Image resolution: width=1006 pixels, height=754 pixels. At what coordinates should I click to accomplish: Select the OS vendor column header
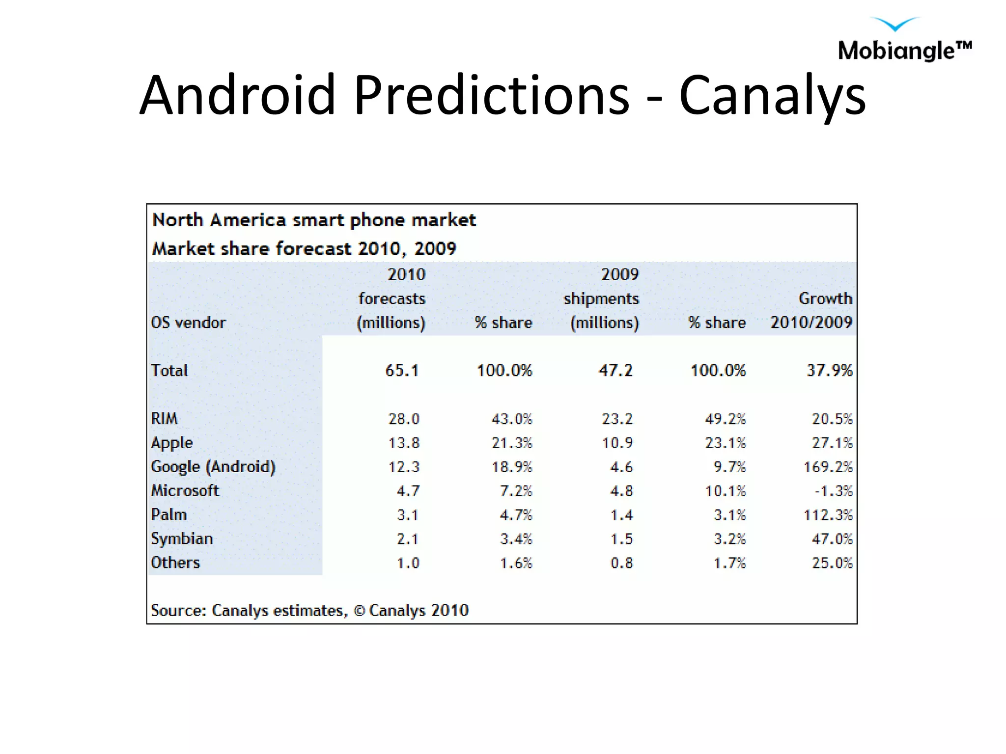click(x=188, y=323)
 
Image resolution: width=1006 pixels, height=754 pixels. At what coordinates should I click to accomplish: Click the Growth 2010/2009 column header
click(x=811, y=310)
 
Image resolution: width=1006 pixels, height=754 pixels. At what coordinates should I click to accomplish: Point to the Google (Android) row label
click(x=213, y=466)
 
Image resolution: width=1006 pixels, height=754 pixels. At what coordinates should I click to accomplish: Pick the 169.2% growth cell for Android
click(x=828, y=467)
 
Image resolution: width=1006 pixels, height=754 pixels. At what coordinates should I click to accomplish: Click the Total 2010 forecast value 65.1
click(x=402, y=370)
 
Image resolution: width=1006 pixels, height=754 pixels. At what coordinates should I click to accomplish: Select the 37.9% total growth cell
click(x=829, y=370)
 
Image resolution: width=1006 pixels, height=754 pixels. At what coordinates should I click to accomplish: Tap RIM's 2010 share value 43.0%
click(x=512, y=419)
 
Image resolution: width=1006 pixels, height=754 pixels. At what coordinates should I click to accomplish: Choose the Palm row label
click(x=169, y=514)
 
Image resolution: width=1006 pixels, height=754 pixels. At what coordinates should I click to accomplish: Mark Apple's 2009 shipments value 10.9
click(x=617, y=443)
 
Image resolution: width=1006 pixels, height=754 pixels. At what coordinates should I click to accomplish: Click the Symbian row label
click(x=182, y=539)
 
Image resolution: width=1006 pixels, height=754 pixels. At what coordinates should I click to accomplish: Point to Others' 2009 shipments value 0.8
click(x=621, y=563)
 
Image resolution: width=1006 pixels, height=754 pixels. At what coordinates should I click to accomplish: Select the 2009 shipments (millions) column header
click(x=602, y=298)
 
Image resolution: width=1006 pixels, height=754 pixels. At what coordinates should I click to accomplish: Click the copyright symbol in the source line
click(x=359, y=611)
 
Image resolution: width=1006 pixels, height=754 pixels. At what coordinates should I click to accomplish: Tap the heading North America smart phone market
click(x=314, y=220)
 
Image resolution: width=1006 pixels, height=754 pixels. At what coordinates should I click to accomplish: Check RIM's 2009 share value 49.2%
click(x=725, y=419)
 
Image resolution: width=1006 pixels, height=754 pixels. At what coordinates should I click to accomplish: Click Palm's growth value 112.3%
click(x=828, y=515)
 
